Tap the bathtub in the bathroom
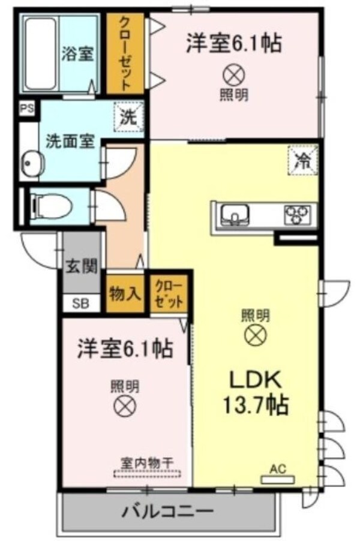pos(40,54)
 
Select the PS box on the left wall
pos(26,109)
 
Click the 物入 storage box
pos(125,293)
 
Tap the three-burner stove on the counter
pos(299,213)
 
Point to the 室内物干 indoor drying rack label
pos(147,462)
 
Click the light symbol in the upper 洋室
pos(233,74)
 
